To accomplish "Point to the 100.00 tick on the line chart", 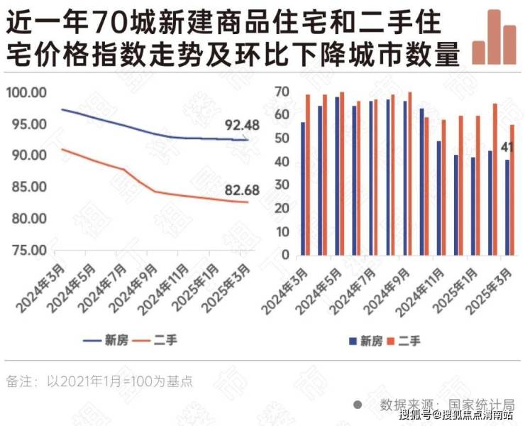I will tap(26, 93).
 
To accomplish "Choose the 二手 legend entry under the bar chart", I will tap(404, 341).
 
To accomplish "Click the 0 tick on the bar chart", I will tap(285, 254).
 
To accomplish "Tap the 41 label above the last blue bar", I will tap(507, 148).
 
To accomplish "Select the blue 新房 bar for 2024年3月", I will tap(303, 188).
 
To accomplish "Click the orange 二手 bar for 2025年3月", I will tap(512, 190).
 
